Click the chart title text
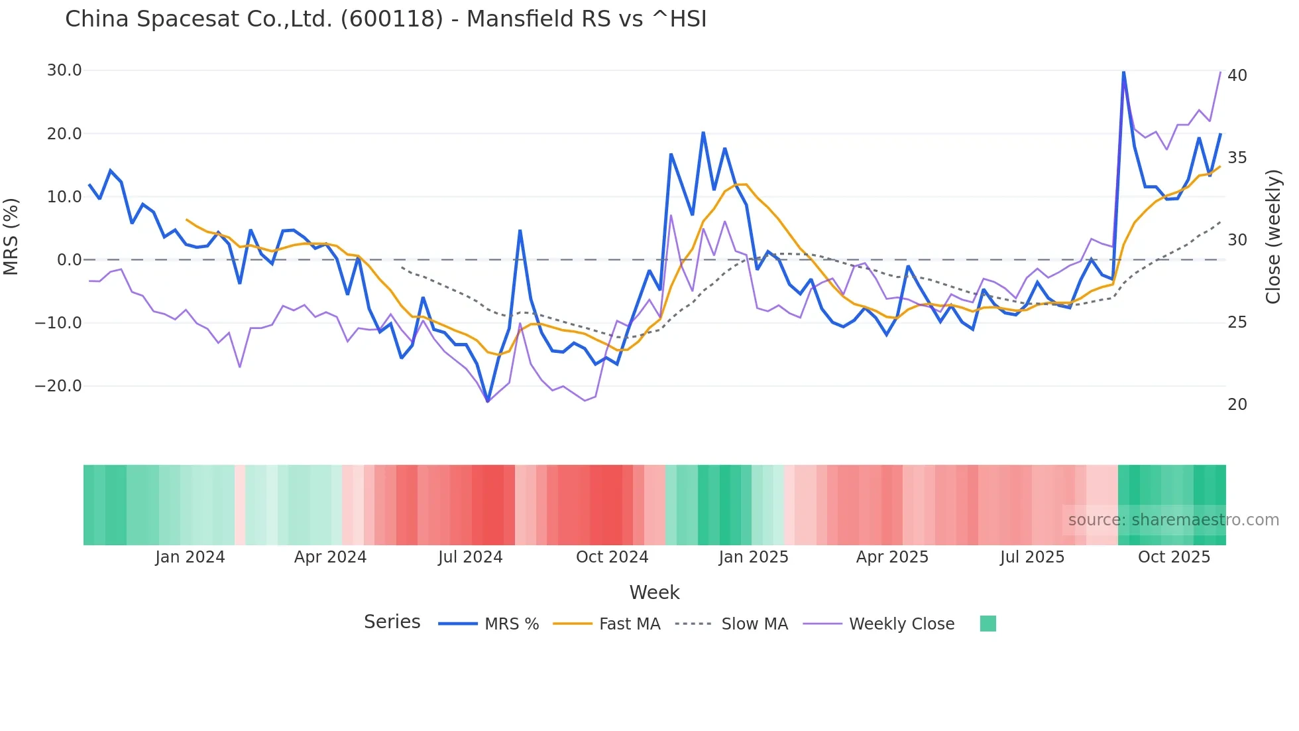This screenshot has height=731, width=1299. (x=386, y=19)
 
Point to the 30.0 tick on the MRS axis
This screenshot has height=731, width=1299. (x=64, y=70)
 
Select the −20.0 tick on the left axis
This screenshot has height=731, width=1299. (x=58, y=386)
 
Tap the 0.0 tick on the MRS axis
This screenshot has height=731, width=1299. (x=69, y=260)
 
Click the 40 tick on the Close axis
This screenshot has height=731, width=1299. (x=1237, y=76)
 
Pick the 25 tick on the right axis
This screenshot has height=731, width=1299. (x=1237, y=322)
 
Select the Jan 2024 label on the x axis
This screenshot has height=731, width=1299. (x=190, y=557)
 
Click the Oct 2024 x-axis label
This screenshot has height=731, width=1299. (x=612, y=557)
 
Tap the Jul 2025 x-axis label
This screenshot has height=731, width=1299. (x=1032, y=557)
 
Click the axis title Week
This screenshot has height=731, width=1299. (x=654, y=592)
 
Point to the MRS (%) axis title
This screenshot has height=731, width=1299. (x=11, y=236)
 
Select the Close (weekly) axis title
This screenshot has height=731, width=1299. (x=1273, y=237)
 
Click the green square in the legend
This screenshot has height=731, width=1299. (x=988, y=624)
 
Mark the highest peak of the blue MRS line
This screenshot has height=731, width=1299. (x=1123, y=72)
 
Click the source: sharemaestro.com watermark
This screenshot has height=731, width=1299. (x=1173, y=520)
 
